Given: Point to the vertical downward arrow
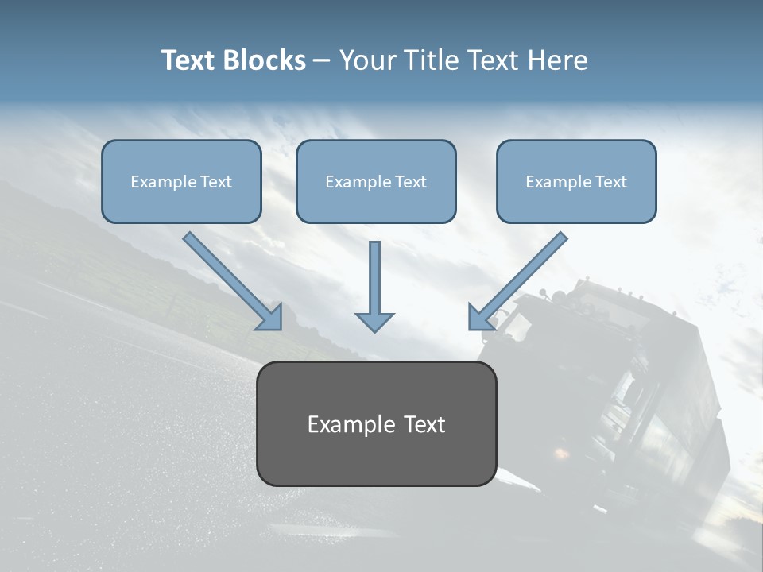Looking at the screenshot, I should coord(374,286).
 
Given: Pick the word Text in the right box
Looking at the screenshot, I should coord(610,182).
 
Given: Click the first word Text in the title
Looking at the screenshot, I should coord(190,60).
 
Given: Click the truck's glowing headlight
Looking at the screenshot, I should coord(561,454).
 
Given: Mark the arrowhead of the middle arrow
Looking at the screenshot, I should coord(374,322).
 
